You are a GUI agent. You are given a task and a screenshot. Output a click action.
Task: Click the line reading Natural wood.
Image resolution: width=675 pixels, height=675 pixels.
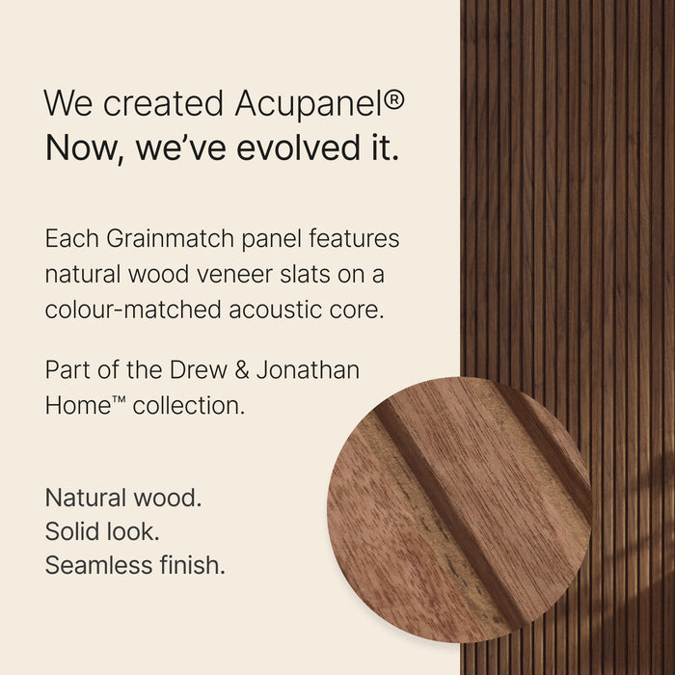[x=123, y=499]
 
